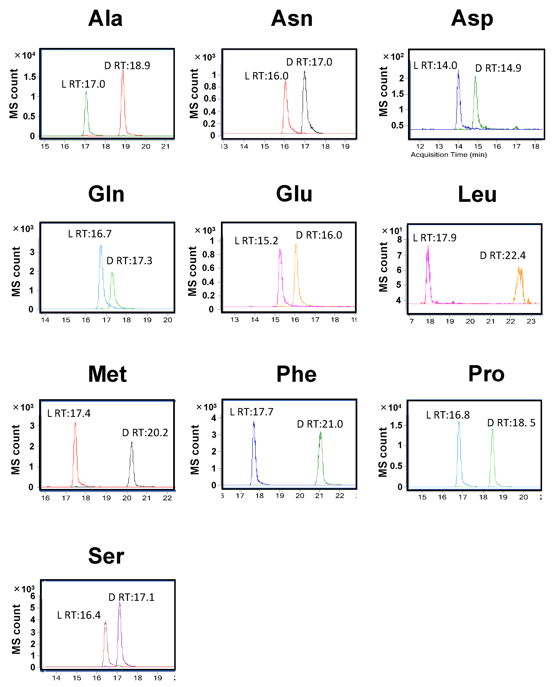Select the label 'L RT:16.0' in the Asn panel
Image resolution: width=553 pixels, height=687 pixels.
click(266, 76)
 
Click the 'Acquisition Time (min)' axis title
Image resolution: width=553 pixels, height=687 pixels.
click(448, 155)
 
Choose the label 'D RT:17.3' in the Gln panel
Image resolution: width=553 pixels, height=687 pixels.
click(129, 261)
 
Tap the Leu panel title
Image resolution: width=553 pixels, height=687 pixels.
click(477, 194)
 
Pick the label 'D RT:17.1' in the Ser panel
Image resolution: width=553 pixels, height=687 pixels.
click(131, 597)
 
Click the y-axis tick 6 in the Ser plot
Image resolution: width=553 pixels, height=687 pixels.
click(33, 596)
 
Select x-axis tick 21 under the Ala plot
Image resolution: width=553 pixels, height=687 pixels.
click(165, 147)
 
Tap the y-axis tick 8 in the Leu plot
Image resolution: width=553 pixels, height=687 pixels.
click(399, 240)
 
